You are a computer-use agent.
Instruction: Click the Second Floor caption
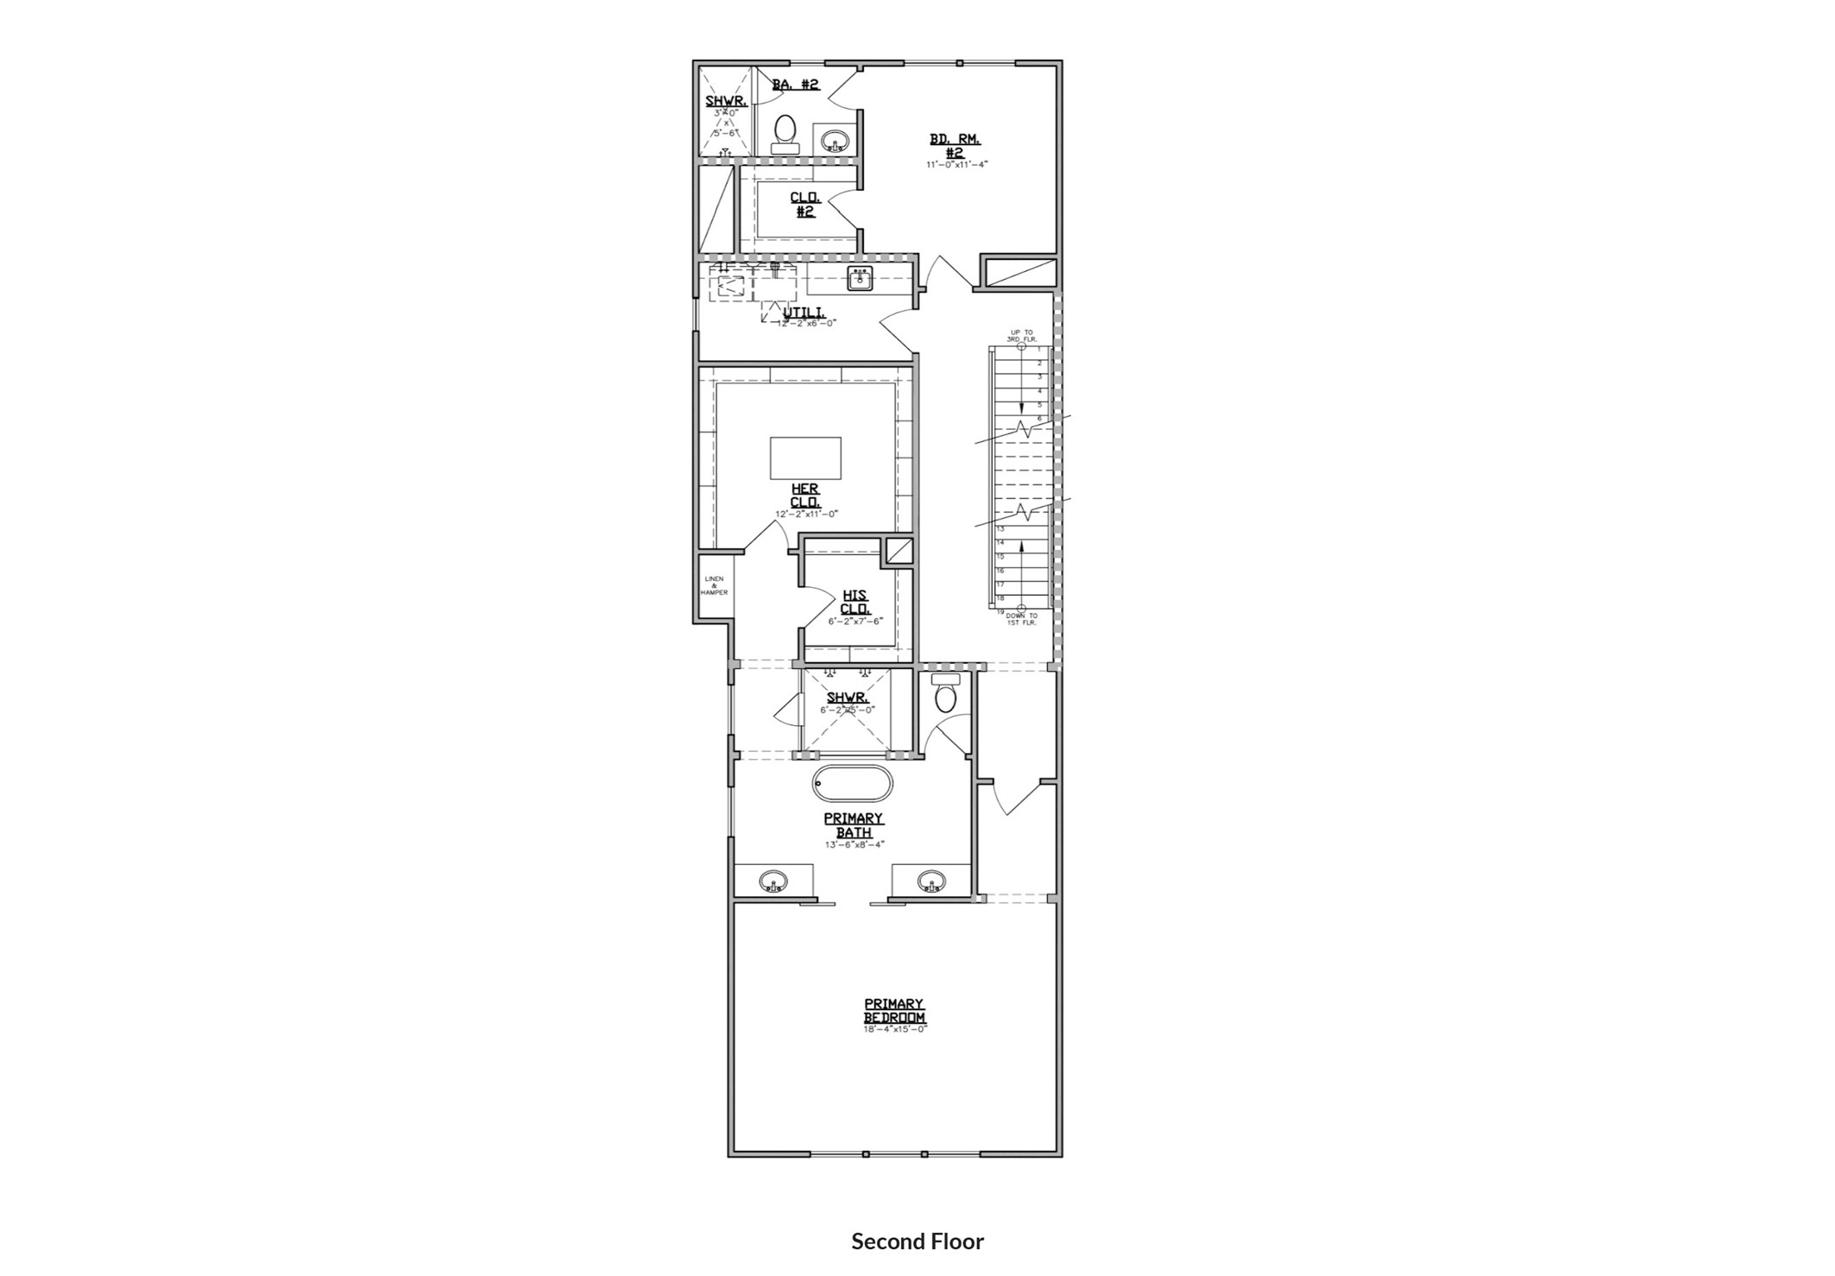coord(917,1241)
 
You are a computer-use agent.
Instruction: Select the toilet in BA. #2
coord(785,134)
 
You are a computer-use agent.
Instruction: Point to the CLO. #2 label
coord(804,205)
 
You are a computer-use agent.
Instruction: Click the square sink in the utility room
coord(860,279)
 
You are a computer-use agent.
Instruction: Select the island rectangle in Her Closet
coord(805,458)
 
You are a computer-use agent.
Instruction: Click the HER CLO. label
coord(805,496)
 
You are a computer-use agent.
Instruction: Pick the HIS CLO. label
coord(854,602)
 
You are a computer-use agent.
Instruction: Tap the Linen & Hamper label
coord(714,585)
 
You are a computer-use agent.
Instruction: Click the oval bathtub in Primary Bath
coord(852,784)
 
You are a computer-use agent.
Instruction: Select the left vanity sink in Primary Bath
coord(772,881)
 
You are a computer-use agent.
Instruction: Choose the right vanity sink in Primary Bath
coord(930,881)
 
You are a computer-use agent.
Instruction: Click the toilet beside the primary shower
coord(946,696)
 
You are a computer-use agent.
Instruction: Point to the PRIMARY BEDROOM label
coord(894,1011)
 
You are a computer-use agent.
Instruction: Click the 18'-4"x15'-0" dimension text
coord(894,1029)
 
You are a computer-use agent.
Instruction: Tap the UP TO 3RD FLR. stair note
coord(1022,336)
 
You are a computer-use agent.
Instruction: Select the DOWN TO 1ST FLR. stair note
coord(1021,618)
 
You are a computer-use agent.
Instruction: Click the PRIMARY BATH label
coord(853,825)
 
